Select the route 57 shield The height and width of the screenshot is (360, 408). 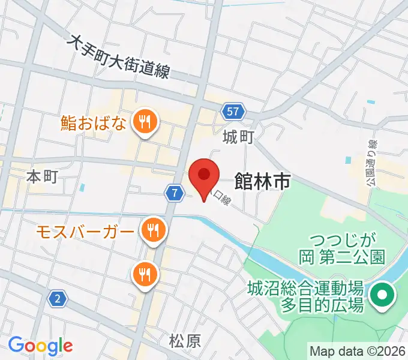click(234, 111)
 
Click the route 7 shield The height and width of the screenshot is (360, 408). click(173, 193)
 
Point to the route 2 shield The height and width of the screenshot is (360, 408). click(57, 299)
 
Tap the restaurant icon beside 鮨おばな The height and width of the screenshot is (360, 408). click(144, 122)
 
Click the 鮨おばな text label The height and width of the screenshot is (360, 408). click(94, 124)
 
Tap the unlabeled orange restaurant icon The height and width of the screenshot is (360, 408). click(144, 275)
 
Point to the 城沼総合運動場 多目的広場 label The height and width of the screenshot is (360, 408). click(306, 297)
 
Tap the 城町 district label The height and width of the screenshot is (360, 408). click(238, 137)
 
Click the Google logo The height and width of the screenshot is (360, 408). click(40, 346)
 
